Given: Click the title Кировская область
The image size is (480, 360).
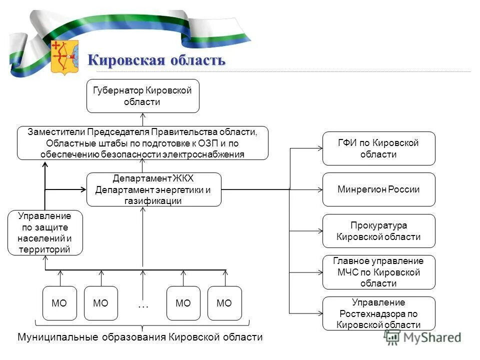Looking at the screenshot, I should [156, 60].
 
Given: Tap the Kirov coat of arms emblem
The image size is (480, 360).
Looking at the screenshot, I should [64, 57].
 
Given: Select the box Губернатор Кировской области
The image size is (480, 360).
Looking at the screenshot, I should [142, 96].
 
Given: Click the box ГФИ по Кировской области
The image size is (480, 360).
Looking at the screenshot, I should [378, 148].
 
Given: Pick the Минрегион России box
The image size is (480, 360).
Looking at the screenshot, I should [378, 189].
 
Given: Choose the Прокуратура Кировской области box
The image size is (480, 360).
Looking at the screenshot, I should [378, 231].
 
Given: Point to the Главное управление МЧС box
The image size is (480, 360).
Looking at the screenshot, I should [378, 272].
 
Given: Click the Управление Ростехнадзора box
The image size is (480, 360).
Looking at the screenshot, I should [378, 313].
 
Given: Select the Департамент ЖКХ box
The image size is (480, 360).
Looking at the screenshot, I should [153, 189].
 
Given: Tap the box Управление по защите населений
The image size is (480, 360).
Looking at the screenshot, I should [45, 233].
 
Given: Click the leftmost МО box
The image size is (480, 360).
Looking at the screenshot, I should [59, 303].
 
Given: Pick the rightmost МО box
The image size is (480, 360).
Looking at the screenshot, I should [224, 303].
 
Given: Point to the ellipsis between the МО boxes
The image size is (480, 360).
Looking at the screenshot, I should [142, 303].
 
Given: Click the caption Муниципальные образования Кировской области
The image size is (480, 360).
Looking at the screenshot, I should [140, 337].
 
